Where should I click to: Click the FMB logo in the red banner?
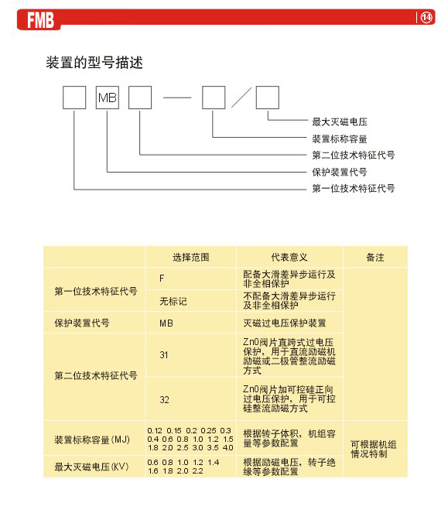coord(40,20)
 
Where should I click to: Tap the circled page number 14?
coord(426,17)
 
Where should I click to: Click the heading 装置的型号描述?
coord(94,63)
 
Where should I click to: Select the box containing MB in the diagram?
coord(108,97)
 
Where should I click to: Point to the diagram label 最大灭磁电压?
coord(340,121)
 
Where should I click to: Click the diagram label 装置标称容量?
coord(340,139)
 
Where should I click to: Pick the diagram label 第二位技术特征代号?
coord(354,155)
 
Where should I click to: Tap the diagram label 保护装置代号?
coord(340,172)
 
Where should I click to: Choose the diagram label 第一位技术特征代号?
coord(354,189)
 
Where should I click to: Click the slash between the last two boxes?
coord(241,97)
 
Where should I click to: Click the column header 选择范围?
coord(191,257)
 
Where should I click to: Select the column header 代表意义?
coord(289,257)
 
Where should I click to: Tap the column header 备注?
coord(375,257)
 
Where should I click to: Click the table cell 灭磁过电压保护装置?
coord(285,323)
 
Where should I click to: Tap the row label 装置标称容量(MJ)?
coord(92,439)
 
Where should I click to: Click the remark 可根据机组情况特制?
coord(374,450)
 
